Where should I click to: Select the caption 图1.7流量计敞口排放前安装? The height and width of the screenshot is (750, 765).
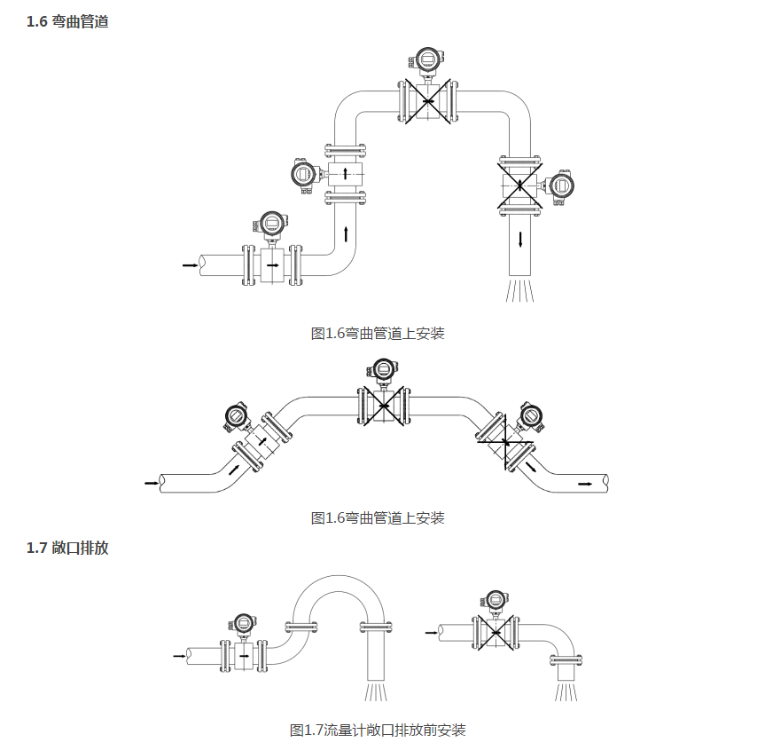378,730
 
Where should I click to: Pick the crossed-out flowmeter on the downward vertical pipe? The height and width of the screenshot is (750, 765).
520,185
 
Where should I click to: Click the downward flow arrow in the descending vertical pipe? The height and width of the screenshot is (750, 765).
520,239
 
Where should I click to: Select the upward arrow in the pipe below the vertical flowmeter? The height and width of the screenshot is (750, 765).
345,236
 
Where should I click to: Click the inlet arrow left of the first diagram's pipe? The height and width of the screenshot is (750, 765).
189,264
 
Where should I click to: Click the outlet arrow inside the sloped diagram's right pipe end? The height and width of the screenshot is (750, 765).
585,484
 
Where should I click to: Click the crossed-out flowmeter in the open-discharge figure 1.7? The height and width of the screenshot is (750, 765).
496,633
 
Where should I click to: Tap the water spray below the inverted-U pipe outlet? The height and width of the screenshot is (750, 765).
376,691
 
